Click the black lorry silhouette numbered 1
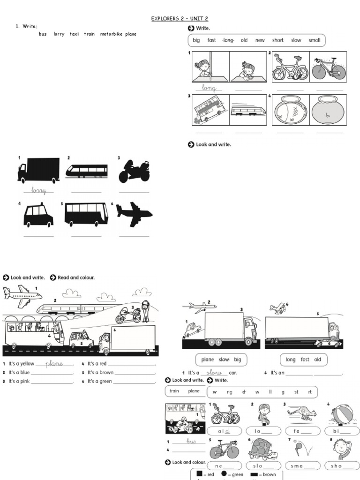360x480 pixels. [38, 170]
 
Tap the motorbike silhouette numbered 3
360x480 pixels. [134, 172]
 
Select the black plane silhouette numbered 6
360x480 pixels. [134, 214]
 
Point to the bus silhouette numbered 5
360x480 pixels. [86, 214]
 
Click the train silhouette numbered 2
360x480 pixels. [86, 171]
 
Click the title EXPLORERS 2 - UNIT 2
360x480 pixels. [180, 19]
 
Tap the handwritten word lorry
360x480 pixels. [39, 190]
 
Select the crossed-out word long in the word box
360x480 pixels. [228, 40]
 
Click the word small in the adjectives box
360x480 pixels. [314, 40]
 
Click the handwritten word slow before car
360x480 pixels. [214, 372]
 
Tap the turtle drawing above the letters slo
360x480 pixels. [261, 450]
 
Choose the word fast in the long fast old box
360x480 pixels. [305, 360]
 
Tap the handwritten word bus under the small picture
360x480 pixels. [190, 442]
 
